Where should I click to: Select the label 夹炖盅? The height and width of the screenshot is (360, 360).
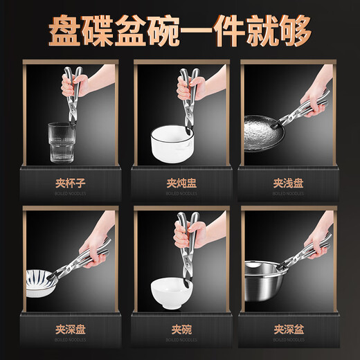(x=179, y=186)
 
